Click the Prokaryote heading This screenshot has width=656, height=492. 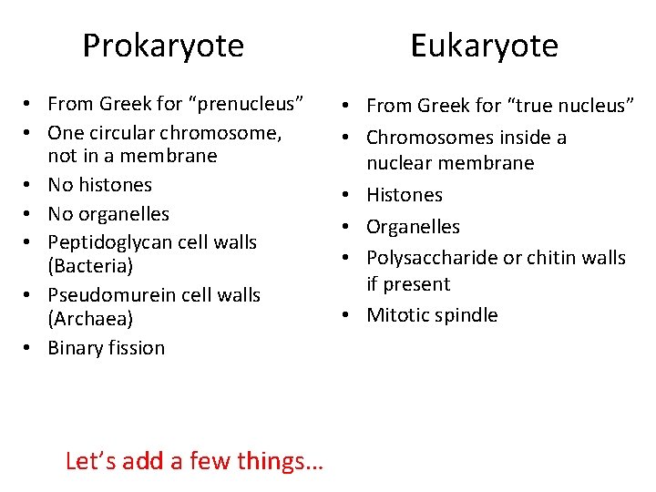(163, 46)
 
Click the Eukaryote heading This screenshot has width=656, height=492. (484, 46)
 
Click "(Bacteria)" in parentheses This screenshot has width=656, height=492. (90, 266)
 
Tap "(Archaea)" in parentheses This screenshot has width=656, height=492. (90, 319)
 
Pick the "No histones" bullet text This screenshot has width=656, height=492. (100, 185)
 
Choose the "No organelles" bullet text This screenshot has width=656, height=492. (108, 214)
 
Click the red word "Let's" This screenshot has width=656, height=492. (91, 461)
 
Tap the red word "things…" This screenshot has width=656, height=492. (280, 461)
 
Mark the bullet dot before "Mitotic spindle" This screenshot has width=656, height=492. (348, 315)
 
